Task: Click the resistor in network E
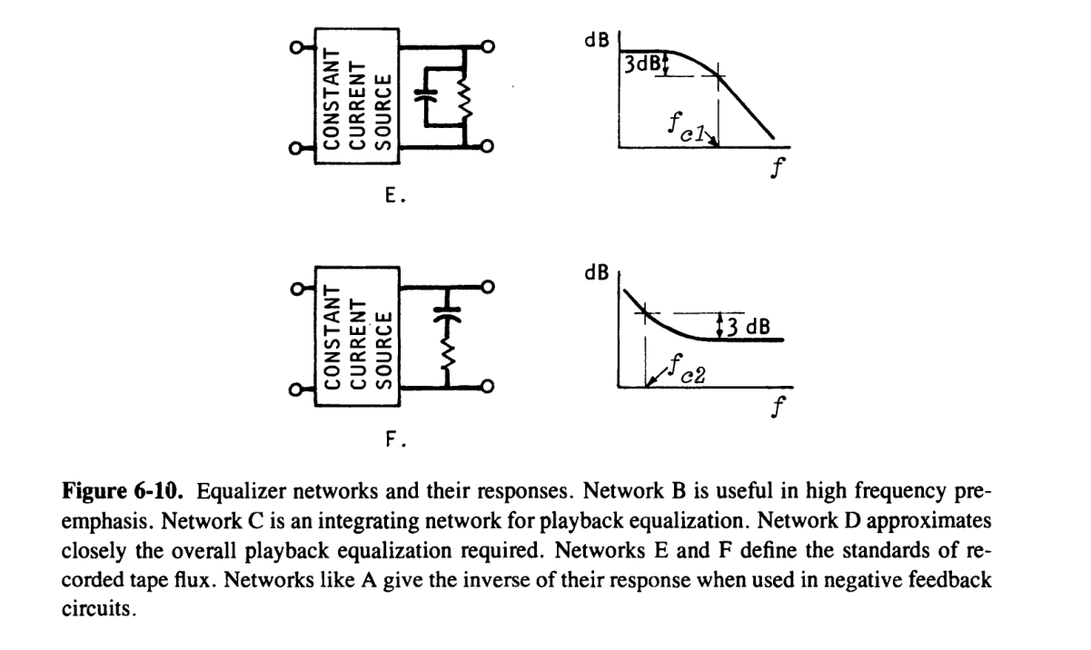pos(465,95)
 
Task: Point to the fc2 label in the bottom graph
pos(683,369)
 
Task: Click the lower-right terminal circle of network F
pos(489,388)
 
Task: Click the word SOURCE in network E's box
pos(382,111)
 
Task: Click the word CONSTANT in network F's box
pos(332,338)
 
